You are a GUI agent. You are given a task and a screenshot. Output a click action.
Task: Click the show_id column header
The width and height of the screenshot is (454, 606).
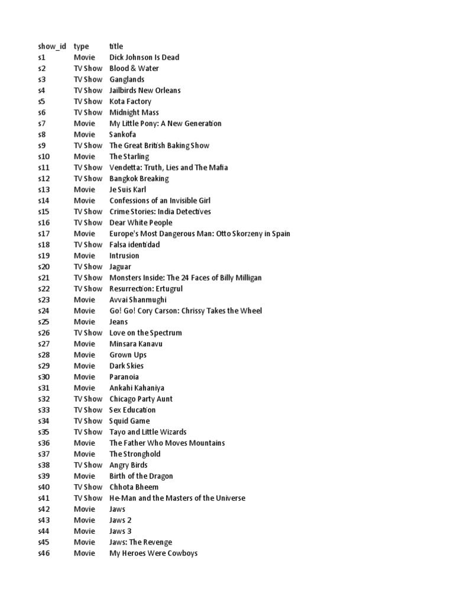click(x=52, y=46)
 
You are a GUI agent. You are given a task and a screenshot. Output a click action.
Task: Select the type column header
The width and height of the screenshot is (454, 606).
click(x=81, y=46)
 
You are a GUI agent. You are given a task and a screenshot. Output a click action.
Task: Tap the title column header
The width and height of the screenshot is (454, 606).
click(x=116, y=46)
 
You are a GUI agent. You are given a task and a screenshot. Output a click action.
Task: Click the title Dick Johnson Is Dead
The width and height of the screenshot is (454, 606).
click(x=144, y=57)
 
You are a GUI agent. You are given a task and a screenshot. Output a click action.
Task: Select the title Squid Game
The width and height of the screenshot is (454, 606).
click(x=129, y=421)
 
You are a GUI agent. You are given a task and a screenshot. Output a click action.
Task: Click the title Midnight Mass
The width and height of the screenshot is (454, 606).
click(x=134, y=112)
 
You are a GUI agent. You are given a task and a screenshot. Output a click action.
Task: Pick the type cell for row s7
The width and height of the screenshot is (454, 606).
click(x=84, y=124)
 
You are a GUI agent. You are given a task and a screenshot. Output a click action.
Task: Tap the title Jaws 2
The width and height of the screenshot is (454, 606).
click(x=121, y=520)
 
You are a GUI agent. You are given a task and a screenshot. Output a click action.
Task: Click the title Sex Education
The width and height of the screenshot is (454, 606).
click(x=132, y=410)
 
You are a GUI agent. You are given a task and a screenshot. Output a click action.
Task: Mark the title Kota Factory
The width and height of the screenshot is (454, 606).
click(x=131, y=101)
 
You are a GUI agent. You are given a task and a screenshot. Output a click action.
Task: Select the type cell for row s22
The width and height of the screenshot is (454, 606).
click(x=87, y=289)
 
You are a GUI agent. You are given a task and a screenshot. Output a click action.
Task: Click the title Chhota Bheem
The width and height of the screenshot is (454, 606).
click(x=134, y=487)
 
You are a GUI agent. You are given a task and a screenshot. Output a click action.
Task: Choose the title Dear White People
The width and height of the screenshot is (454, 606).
click(x=141, y=223)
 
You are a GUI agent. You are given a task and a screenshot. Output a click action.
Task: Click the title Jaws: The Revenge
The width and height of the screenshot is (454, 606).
click(x=141, y=542)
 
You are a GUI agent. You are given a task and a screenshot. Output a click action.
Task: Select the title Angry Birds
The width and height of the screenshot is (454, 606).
click(x=128, y=465)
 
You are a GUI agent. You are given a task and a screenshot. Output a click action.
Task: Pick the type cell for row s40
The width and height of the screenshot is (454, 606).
click(x=87, y=487)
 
